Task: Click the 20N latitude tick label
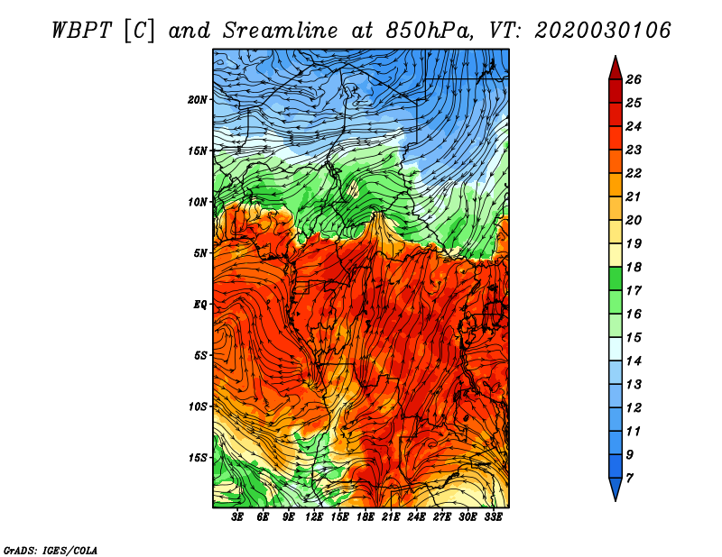(198, 99)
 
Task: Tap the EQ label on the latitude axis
(199, 304)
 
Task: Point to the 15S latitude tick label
(198, 458)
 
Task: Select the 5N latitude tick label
(200, 253)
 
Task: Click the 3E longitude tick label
(237, 517)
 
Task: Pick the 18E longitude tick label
(365, 517)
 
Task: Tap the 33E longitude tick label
(493, 517)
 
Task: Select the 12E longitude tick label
(313, 517)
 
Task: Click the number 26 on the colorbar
(634, 79)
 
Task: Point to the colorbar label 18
(634, 267)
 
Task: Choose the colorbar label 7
(629, 479)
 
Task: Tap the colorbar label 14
(634, 361)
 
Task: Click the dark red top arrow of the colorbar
(616, 69)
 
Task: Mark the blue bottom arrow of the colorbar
(616, 489)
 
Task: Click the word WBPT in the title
(82, 31)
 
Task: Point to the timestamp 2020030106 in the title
(603, 31)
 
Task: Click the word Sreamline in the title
(281, 31)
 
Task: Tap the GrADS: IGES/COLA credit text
(51, 550)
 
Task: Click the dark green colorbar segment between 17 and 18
(616, 278)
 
